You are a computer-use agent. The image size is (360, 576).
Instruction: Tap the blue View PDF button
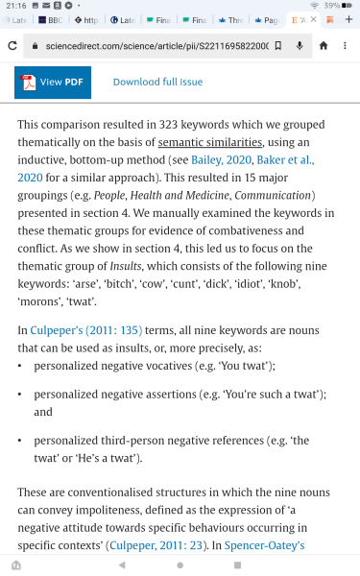click(x=52, y=83)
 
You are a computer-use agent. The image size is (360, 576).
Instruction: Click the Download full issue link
click(x=157, y=83)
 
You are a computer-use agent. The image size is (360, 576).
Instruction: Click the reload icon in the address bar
click(x=12, y=45)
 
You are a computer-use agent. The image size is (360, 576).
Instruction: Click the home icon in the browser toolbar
click(x=323, y=45)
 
